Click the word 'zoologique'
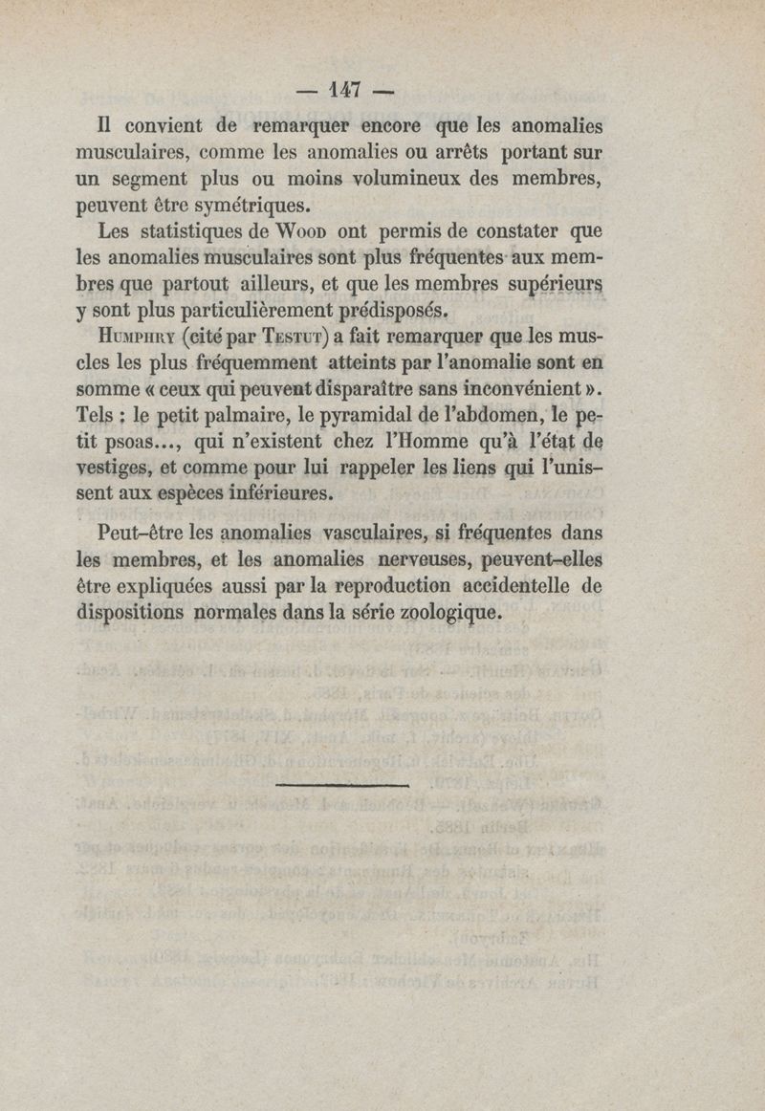point(447,613)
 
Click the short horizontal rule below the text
point(340,785)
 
